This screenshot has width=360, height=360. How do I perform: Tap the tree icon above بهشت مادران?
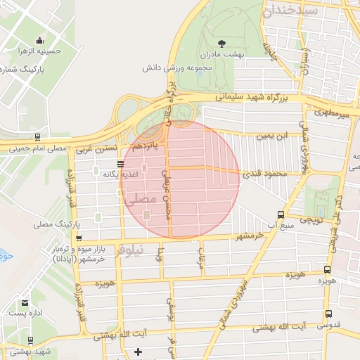point(223,43)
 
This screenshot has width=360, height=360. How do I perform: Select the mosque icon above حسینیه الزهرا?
point(39,39)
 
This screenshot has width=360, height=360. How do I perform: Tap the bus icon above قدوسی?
point(328,314)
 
